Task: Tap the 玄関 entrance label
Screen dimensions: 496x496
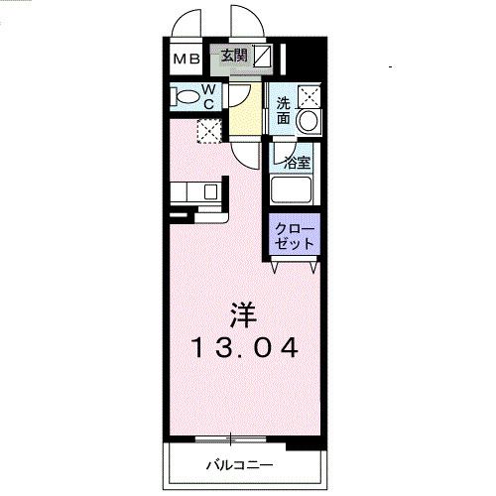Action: [235, 57]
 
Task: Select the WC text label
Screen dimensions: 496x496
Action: [211, 95]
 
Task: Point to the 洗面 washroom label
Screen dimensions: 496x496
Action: [284, 110]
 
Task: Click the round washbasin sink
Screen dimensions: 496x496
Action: [309, 121]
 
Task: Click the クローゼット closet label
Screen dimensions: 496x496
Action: [294, 235]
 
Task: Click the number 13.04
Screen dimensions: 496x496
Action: [245, 349]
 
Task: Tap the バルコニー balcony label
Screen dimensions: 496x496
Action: [240, 463]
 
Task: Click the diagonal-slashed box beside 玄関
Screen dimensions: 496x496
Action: [262, 57]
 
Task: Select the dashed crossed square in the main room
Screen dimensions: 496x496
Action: [208, 129]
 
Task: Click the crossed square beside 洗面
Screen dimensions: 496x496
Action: [310, 96]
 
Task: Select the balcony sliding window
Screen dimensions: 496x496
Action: [231, 437]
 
